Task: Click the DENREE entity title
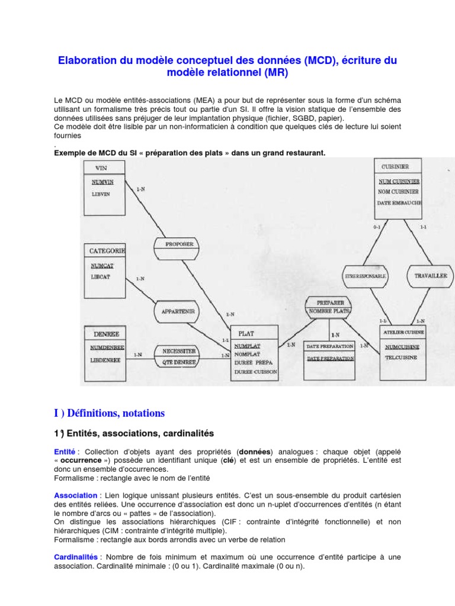(x=107, y=334)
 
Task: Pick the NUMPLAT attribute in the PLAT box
(x=247, y=345)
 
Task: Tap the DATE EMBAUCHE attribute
(x=399, y=203)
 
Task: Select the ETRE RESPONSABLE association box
(x=366, y=276)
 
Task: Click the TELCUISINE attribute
(x=401, y=358)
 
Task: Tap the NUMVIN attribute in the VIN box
(x=102, y=182)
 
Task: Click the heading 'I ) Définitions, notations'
(x=110, y=413)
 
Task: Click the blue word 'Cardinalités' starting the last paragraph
(x=77, y=557)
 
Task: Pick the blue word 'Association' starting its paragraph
(x=76, y=495)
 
